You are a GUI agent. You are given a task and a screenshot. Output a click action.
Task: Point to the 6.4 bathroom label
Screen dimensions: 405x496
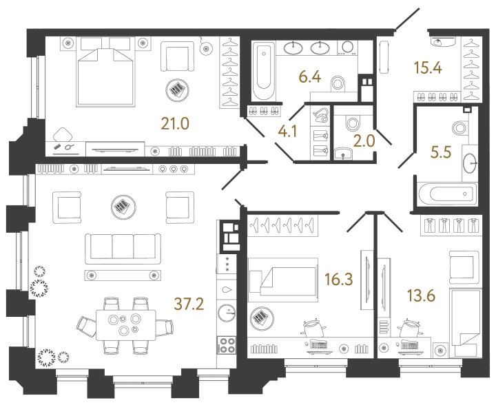pos(311,76)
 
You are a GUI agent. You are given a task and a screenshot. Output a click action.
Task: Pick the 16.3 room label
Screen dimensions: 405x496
pos(338,279)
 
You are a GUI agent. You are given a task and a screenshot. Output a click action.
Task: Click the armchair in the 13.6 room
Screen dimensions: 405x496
pos(463,267)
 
